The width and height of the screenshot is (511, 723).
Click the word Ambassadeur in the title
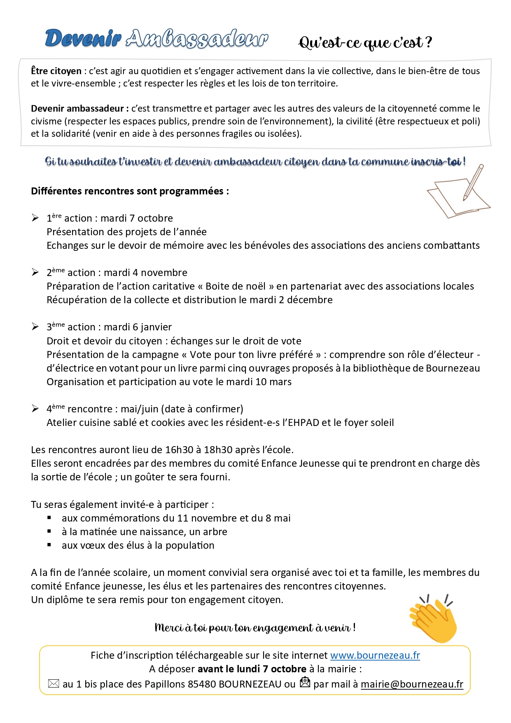(197, 39)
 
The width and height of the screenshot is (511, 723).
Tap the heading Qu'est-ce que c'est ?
(365, 42)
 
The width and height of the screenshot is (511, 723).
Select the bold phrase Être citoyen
(56, 71)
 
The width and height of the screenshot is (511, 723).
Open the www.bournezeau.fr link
(375, 655)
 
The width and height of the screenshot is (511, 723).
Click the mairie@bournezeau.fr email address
(412, 684)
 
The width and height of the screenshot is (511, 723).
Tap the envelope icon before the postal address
(54, 683)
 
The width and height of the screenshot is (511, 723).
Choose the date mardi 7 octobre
(137, 218)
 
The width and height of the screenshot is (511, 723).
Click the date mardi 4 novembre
(145, 273)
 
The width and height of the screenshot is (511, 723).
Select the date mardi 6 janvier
(138, 327)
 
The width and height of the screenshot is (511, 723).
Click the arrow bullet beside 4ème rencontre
(35, 409)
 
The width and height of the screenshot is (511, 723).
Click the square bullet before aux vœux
(49, 545)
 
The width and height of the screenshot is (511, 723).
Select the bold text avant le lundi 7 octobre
(252, 669)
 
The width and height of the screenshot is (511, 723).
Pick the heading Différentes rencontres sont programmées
(130, 191)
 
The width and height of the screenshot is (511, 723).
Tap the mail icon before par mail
(305, 682)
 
